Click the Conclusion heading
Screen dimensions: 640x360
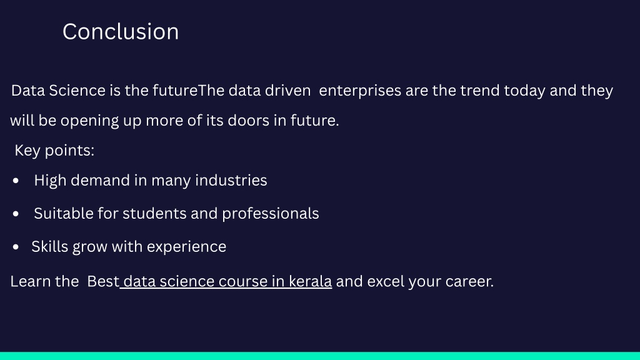[x=121, y=32]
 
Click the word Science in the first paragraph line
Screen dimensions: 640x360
[x=77, y=90]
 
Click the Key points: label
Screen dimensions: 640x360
[x=54, y=151]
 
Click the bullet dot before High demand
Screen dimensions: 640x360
[x=16, y=181]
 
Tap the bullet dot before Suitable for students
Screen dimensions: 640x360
[x=16, y=214]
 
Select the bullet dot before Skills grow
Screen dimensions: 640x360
[x=16, y=246]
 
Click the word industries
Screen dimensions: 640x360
[x=231, y=181]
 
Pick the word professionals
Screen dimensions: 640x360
[x=270, y=214]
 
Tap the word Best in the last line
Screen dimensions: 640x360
[x=103, y=282]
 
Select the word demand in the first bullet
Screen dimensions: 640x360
[x=100, y=181]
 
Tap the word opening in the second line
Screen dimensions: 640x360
[x=90, y=121]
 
